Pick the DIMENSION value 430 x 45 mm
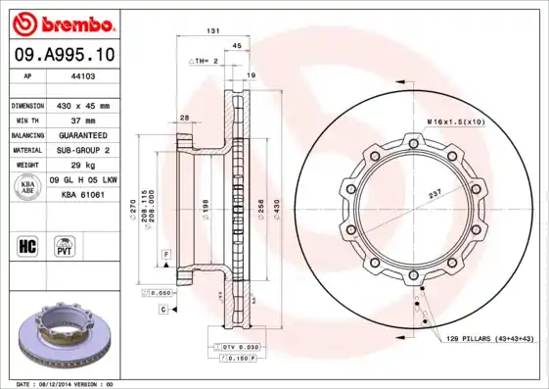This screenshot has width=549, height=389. pyautogui.click(x=84, y=104)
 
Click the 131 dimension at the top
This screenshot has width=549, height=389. pyautogui.click(x=212, y=31)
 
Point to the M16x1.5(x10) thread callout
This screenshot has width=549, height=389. pyautogui.click(x=455, y=121)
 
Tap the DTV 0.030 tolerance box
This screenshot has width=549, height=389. pyautogui.click(x=235, y=348)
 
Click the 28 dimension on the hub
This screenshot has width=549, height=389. pyautogui.click(x=184, y=119)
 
